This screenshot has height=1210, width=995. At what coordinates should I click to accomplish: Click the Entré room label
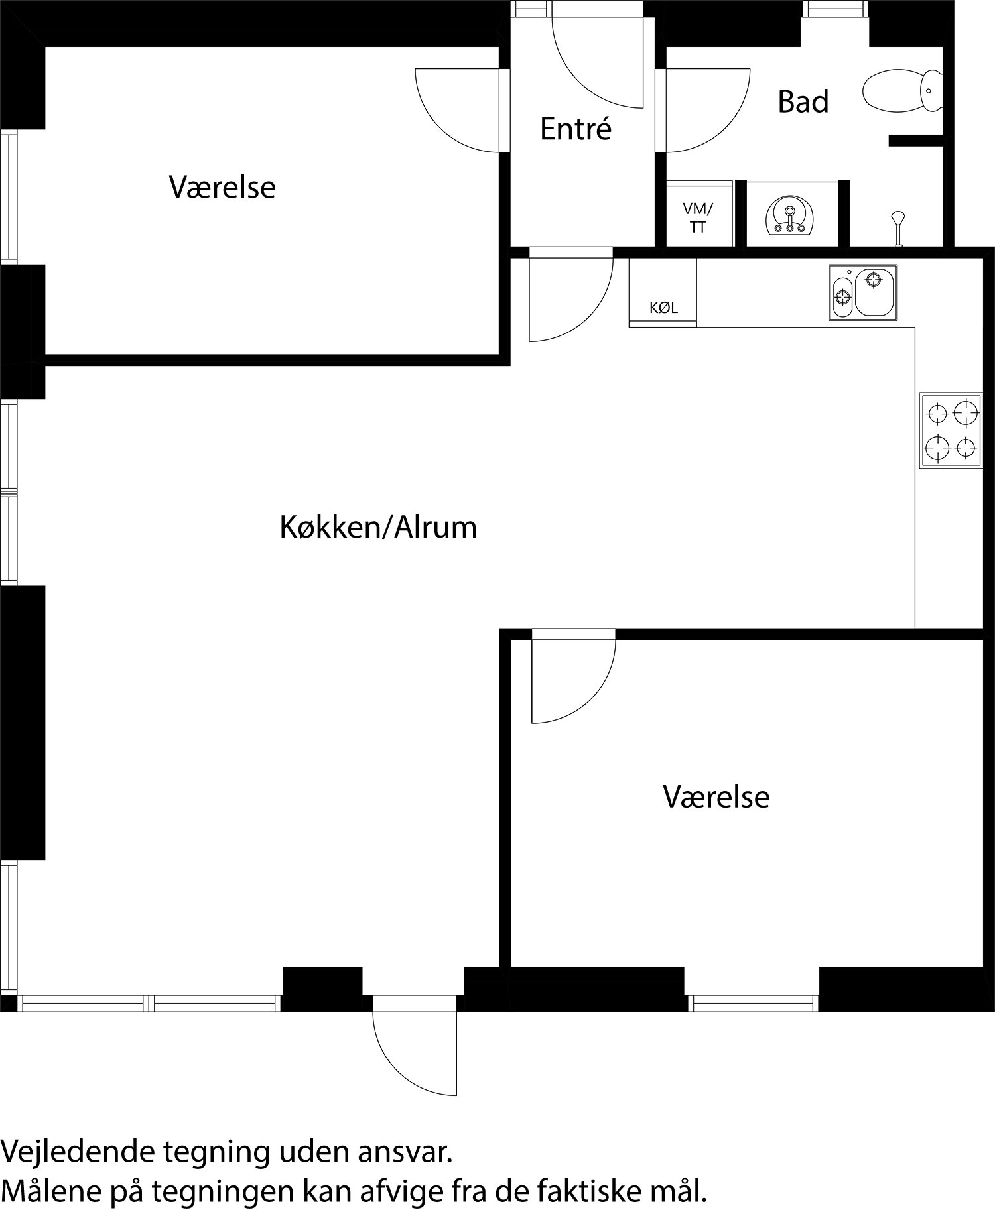pos(575,129)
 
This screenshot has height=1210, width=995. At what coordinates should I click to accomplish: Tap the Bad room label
pos(803,101)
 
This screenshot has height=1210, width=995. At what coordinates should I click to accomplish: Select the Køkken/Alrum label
pos(378,528)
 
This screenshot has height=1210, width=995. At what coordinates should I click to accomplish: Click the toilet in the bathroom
pos(902,90)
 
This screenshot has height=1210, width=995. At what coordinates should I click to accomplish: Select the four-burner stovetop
pos(951,430)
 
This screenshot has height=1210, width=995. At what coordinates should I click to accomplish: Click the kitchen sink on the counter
pos(863,292)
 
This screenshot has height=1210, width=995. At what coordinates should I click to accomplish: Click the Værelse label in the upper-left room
pos(222,187)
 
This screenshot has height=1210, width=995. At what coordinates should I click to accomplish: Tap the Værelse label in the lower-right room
pos(716,796)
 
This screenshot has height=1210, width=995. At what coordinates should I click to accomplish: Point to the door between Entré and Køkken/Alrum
pos(567,298)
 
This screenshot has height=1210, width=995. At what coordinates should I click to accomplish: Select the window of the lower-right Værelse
pos(752,1004)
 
